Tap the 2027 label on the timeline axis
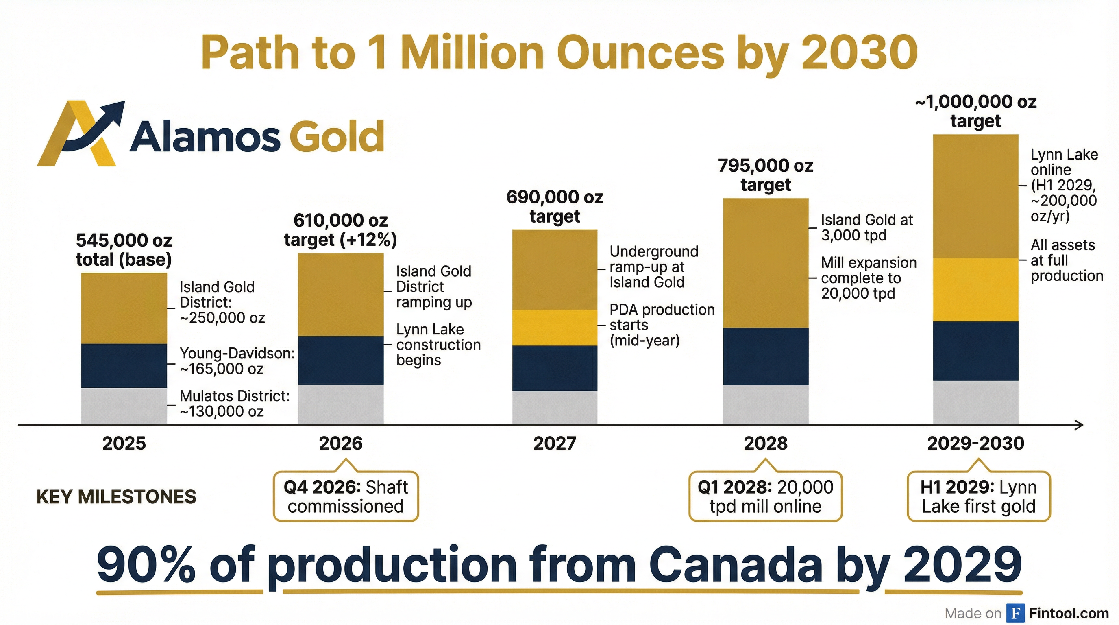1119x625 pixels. click(554, 444)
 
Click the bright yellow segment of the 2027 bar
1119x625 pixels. click(554, 328)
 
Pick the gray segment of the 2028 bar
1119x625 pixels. click(765, 404)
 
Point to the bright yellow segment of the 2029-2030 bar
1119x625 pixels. click(975, 290)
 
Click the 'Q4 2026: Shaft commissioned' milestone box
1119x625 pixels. click(346, 496)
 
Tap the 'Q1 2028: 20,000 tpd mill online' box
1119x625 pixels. click(765, 496)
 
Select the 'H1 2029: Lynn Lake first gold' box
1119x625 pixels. click(978, 496)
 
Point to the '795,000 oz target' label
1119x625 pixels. click(765, 175)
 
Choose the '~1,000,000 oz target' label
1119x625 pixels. click(975, 111)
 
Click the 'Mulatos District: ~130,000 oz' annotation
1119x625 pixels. click(234, 404)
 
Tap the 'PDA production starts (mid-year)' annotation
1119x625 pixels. click(662, 325)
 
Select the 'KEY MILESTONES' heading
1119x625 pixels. click(116, 496)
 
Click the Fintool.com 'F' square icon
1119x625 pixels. click(1016, 613)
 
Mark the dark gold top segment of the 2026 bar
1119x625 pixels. click(341, 294)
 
